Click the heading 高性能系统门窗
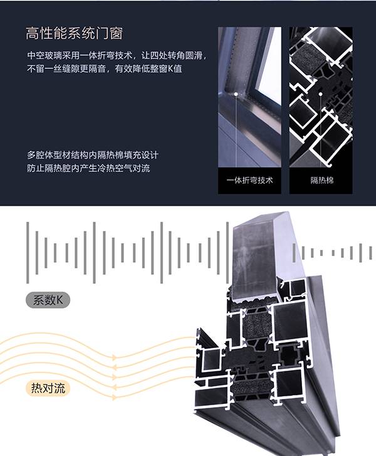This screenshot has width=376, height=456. (78, 33)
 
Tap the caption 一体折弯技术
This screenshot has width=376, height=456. (249, 181)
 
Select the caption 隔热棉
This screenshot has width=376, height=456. (320, 181)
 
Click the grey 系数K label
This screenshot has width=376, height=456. (48, 300)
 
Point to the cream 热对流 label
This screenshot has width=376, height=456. (48, 388)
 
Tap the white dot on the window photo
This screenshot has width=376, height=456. (236, 95)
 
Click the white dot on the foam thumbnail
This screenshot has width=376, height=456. (320, 95)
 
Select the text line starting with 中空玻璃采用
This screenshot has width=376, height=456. (117, 55)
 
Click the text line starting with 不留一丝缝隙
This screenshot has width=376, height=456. (104, 69)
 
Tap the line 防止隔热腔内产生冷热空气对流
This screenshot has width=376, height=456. (88, 168)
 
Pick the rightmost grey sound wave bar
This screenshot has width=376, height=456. (369, 252)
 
